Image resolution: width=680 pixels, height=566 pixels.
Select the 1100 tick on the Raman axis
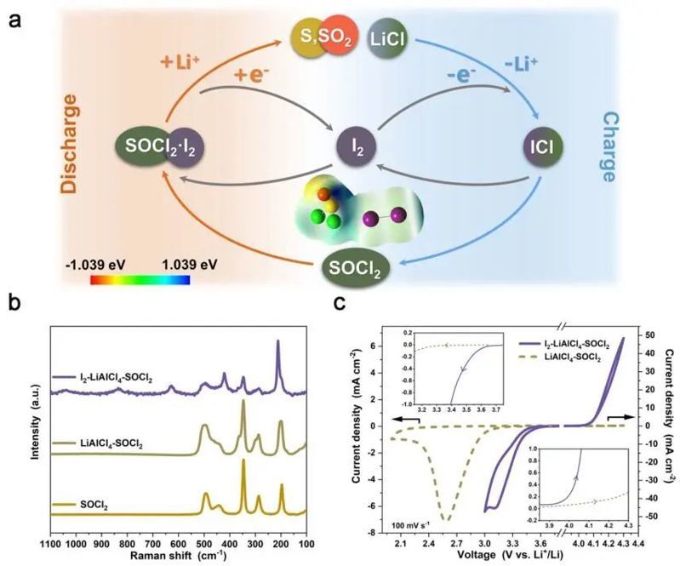point(52,538)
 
